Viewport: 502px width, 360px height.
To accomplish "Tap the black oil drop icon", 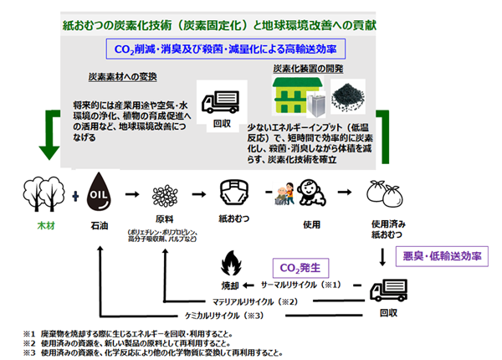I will (100, 192).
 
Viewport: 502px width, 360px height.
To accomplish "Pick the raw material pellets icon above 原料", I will (163, 195).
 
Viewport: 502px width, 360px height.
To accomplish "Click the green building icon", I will (290, 95).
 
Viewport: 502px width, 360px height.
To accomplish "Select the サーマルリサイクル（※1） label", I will (298, 285).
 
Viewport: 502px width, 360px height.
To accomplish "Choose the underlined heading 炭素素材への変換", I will (124, 76).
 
